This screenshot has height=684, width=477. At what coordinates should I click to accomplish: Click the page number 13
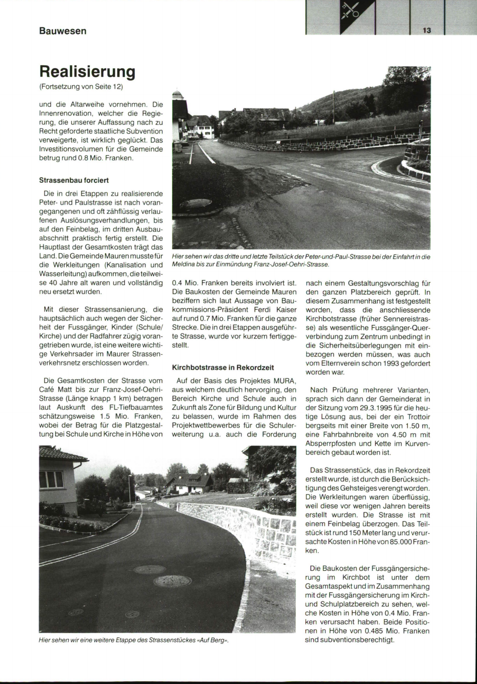pyautogui.click(x=427, y=31)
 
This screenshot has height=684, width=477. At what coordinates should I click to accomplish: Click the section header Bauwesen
pyautogui.click(x=63, y=31)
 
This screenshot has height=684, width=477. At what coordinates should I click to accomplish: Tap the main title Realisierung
pyautogui.click(x=87, y=72)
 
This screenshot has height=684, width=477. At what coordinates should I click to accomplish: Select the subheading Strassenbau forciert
pyautogui.click(x=74, y=180)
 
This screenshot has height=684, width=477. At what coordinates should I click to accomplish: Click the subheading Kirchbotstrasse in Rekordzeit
pyautogui.click(x=223, y=367)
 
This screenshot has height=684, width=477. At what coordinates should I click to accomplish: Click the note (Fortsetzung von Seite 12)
pyautogui.click(x=81, y=86)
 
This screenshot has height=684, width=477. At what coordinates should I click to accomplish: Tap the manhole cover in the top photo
pyautogui.click(x=196, y=203)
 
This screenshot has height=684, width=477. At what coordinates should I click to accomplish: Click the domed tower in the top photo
pyautogui.click(x=178, y=96)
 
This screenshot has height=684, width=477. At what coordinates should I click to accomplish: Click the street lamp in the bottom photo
pyautogui.click(x=129, y=487)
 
